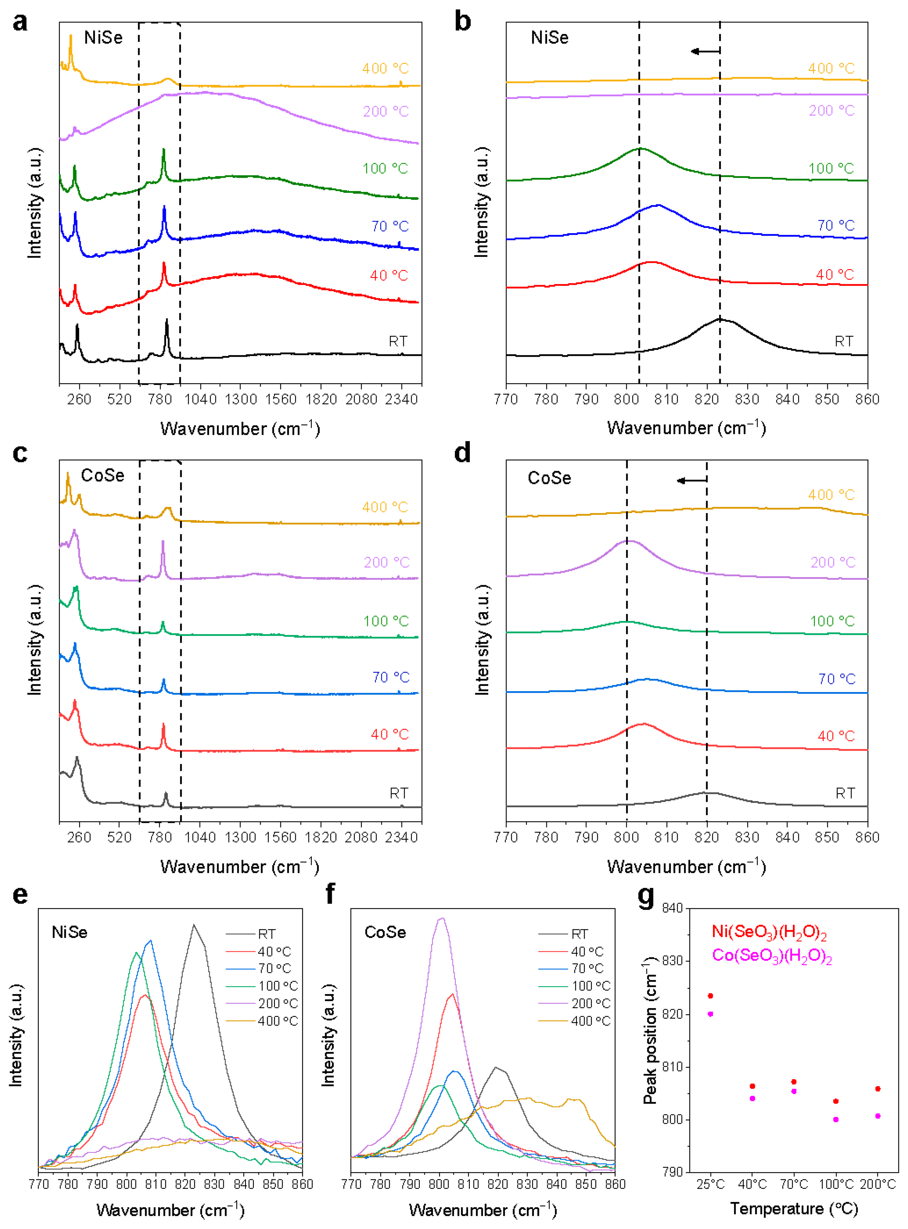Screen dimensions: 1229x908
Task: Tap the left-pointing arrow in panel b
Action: pyautogui.click(x=705, y=52)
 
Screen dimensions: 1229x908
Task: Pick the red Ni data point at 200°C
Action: pyautogui.click(x=878, y=1088)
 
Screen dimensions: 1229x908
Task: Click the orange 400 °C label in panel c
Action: pyautogui.click(x=385, y=507)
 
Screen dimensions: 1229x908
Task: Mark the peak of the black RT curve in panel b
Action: pyautogui.click(x=720, y=318)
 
